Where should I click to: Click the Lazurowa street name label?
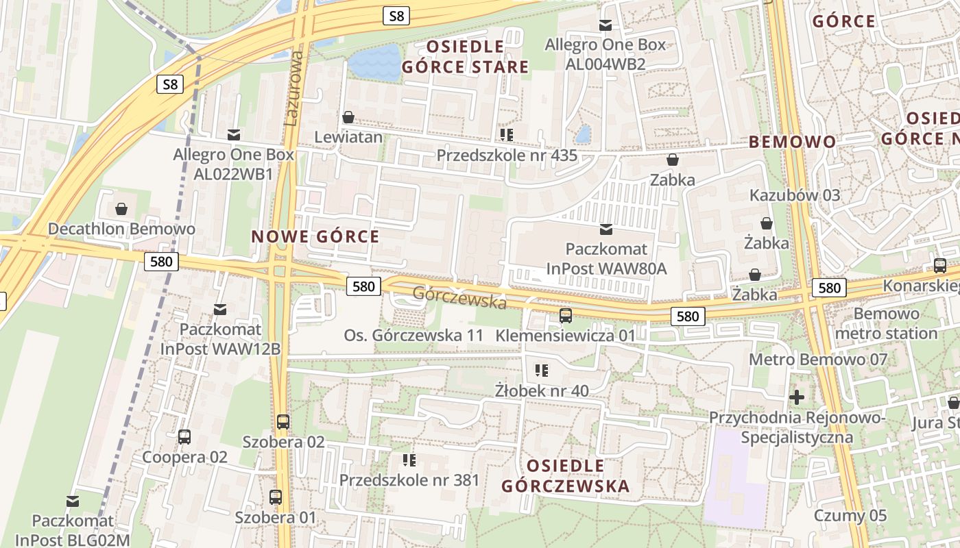293,87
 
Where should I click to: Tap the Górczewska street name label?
459,297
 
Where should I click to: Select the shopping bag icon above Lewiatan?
348,117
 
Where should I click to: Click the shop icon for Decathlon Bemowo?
121,209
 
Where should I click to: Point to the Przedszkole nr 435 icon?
507,135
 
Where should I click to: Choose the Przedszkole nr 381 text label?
409,480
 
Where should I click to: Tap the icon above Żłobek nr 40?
542,371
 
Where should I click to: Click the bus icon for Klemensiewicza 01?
566,316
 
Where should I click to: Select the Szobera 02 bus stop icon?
283,422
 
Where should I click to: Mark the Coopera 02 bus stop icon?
184,437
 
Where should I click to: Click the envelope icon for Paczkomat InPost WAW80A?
606,229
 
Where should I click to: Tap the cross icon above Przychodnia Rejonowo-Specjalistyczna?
797,397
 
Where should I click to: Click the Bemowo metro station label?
887,323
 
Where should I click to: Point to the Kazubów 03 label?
794,195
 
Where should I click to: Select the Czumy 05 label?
850,515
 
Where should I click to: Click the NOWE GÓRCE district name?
315,237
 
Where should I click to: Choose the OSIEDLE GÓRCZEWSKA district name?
566,476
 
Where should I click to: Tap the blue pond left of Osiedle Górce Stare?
374,63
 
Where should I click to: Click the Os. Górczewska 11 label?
413,336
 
